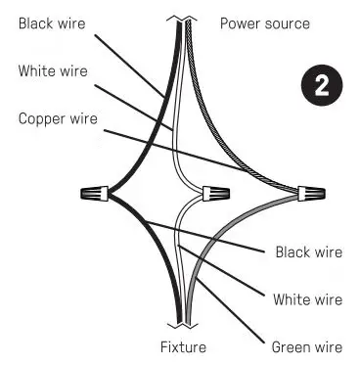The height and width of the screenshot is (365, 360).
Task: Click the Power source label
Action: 264,23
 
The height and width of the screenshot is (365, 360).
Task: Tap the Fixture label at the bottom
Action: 183,346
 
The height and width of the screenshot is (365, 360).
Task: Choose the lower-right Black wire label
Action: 308,251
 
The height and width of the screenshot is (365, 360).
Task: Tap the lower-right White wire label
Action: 308,298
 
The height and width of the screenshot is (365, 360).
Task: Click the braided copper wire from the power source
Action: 220,108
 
